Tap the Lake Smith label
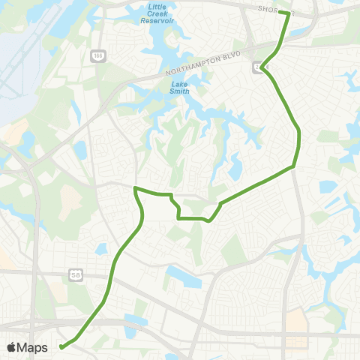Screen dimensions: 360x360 pos(179,88)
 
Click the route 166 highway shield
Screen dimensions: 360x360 pos(97,55)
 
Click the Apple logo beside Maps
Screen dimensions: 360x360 pos(12,347)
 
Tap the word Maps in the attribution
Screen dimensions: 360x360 pos(32,347)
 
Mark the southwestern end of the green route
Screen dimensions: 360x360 pos(61,346)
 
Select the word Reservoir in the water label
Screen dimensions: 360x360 pos(157,21)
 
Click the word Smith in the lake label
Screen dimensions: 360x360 pos(179,91)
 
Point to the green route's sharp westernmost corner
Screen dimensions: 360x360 pos(134,187)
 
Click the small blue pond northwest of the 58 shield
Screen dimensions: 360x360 pos(101,247)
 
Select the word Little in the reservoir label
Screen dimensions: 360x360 pos(157,6)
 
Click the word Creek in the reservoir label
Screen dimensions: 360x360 pos(157,13)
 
